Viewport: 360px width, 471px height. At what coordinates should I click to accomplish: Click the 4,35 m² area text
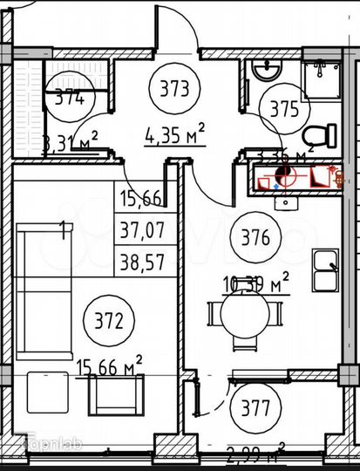[175, 133]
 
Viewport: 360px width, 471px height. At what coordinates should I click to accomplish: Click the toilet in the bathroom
[321, 135]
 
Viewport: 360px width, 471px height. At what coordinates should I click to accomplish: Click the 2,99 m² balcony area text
[256, 453]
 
